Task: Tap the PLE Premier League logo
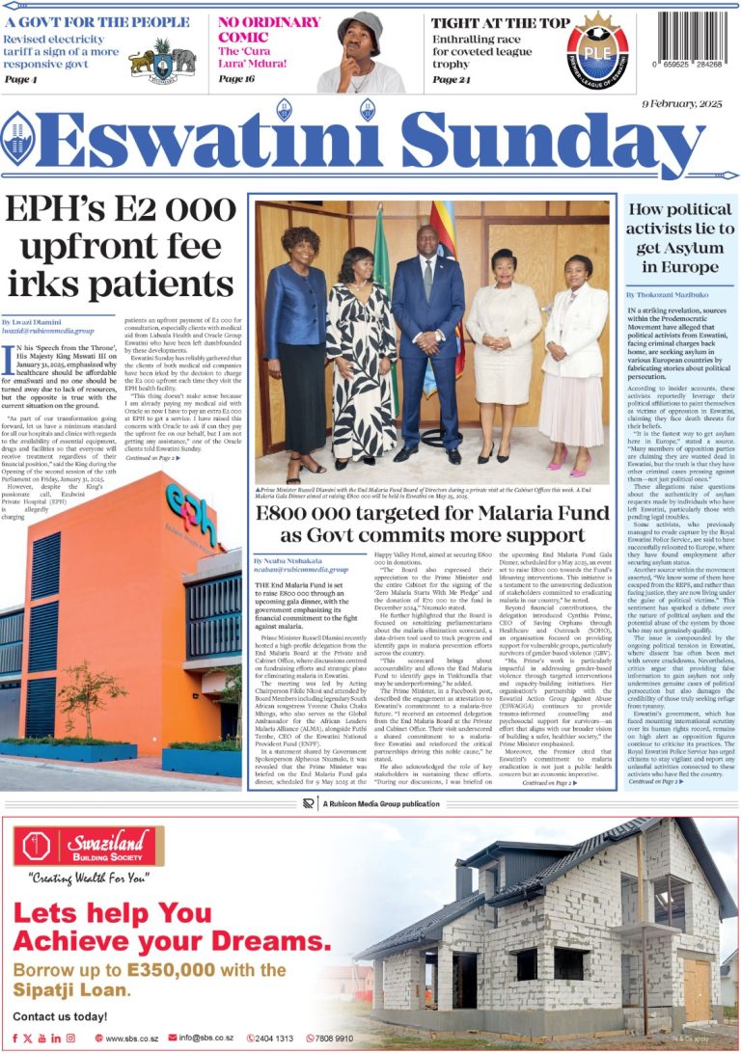pyautogui.click(x=596, y=50)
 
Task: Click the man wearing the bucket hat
pyautogui.click(x=363, y=50)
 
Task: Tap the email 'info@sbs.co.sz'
pyautogui.click(x=202, y=1038)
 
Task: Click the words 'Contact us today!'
pyautogui.click(x=60, y=1016)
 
